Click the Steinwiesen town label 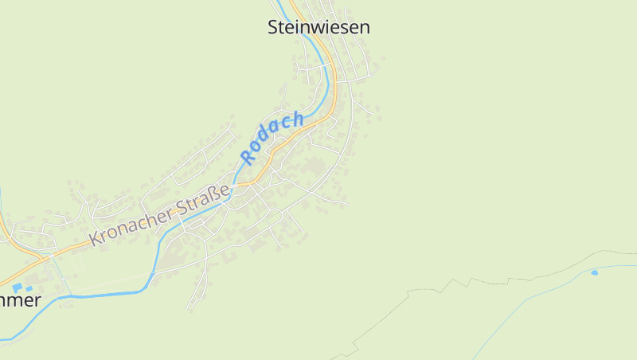(318, 27)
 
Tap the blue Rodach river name (273, 138)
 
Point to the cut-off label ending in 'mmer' (20, 300)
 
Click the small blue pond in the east (594, 272)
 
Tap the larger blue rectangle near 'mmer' (17, 287)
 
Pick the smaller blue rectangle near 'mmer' (29, 288)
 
